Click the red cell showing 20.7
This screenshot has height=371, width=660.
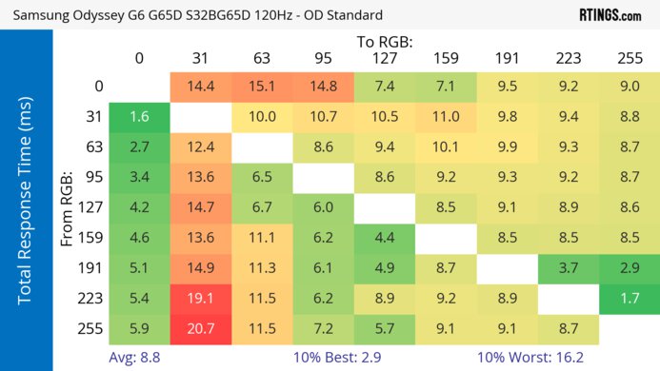coord(200,329)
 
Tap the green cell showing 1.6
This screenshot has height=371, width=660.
coord(139,118)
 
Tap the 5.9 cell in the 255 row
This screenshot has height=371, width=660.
coord(139,329)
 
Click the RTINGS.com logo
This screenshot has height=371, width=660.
coord(610,14)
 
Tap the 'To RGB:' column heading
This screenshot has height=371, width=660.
coord(384,41)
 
